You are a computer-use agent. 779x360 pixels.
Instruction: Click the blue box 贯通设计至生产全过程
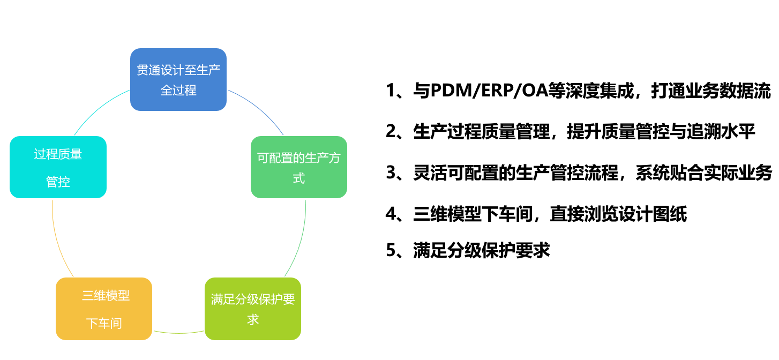[178, 80]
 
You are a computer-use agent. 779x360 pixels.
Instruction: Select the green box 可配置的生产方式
[299, 167]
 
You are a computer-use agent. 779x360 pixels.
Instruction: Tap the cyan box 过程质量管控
[58, 167]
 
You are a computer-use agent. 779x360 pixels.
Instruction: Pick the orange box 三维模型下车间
[104, 309]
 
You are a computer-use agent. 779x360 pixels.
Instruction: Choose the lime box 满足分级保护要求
[253, 309]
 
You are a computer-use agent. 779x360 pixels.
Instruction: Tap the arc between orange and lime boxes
[178, 333]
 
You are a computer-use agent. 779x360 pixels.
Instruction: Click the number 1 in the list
[391, 92]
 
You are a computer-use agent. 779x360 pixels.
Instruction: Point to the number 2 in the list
[391, 132]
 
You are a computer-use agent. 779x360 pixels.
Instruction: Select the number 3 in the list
[391, 173]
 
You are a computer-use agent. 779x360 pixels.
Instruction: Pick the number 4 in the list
[391, 214]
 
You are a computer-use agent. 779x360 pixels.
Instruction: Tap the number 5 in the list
[391, 251]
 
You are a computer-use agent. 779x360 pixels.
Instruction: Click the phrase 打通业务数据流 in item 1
[710, 92]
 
